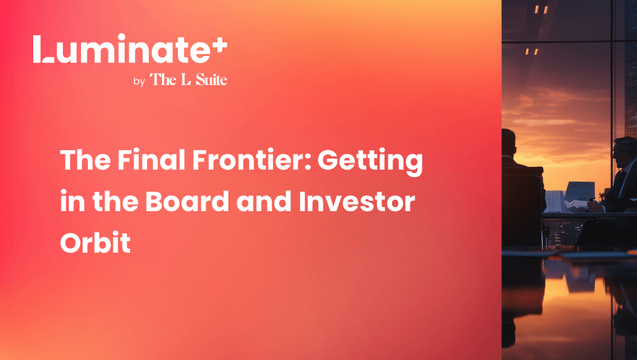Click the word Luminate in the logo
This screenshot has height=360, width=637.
coord(122,48)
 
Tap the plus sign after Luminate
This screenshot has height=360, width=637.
coord(219,45)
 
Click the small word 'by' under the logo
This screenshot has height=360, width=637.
coord(139,82)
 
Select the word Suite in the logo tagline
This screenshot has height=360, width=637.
coord(211,79)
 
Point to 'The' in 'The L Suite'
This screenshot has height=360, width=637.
coord(163,79)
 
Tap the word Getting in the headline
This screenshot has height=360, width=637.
coord(370,162)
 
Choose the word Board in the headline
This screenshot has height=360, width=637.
coord(187,201)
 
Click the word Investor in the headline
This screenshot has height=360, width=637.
coord(357,201)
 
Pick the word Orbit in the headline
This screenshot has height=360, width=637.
coord(96,242)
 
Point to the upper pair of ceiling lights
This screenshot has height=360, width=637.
coord(541,9)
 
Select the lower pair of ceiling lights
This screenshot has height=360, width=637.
coord(531,52)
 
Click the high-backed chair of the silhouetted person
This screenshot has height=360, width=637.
coord(523,207)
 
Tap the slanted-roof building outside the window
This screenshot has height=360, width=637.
coord(580,192)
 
